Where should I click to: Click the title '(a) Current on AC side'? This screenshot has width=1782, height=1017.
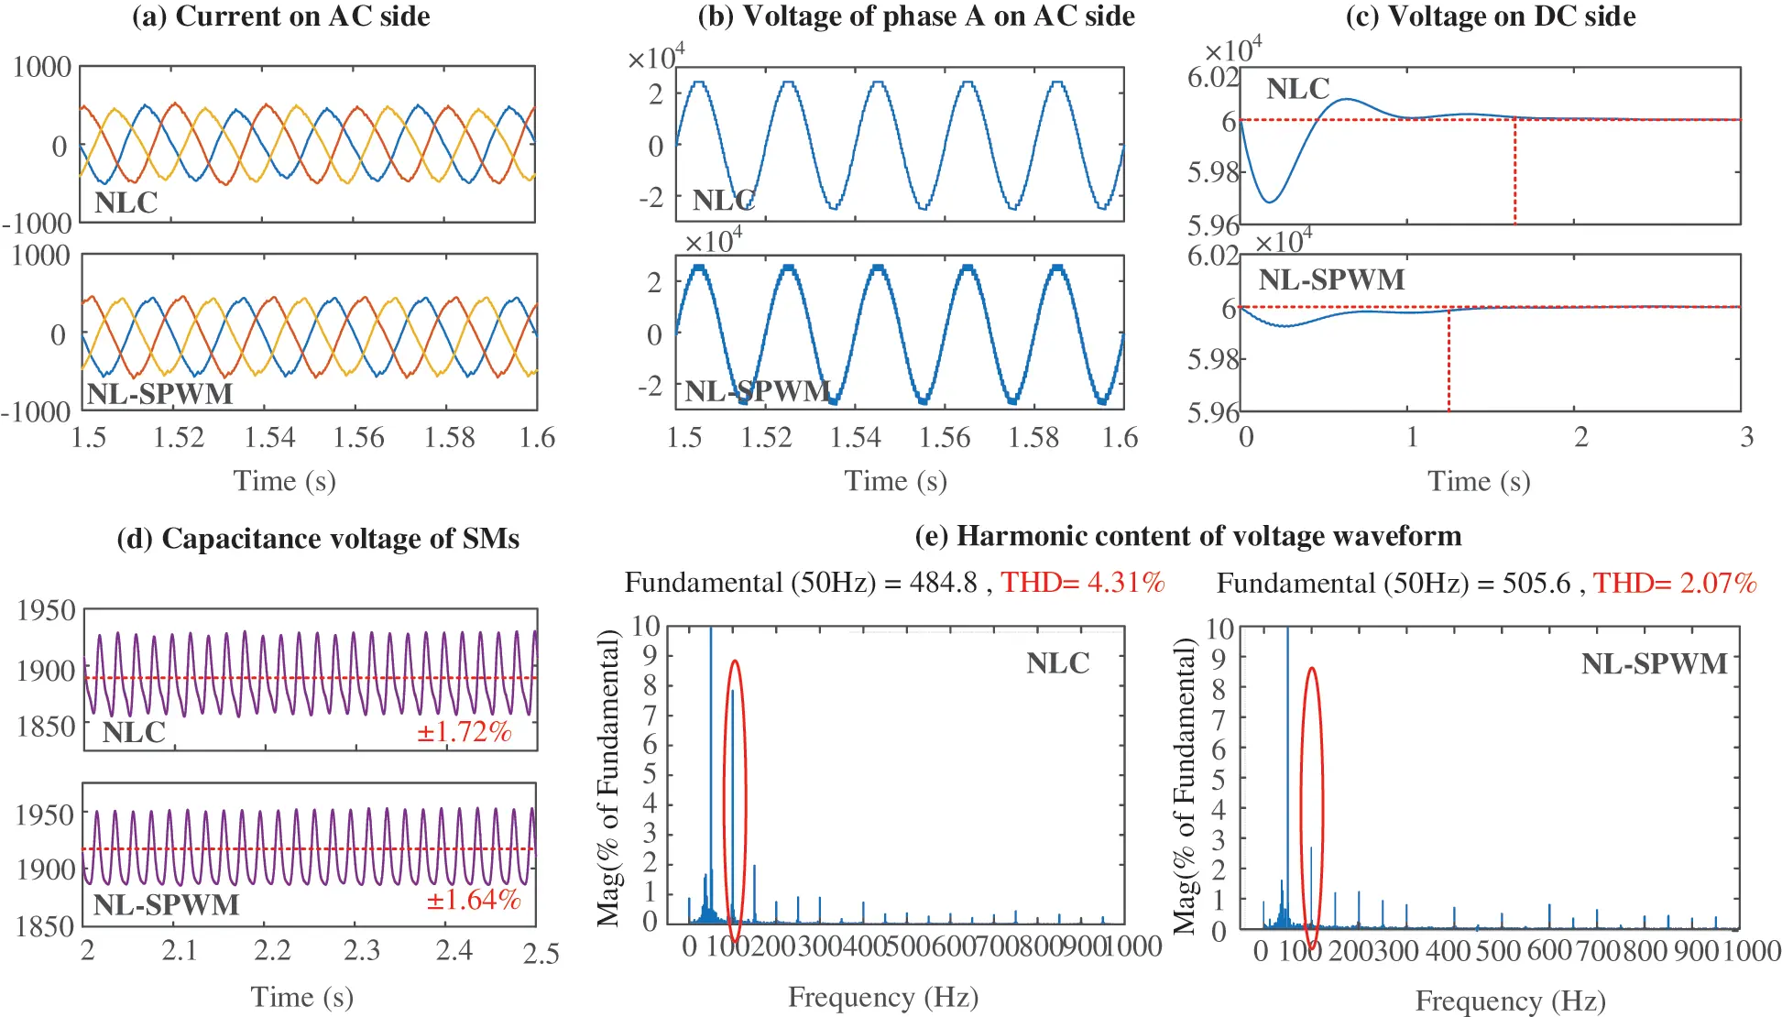click(x=281, y=16)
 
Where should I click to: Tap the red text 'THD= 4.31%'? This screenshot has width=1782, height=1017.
click(x=1082, y=583)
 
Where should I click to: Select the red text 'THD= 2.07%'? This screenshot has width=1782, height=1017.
click(x=1674, y=584)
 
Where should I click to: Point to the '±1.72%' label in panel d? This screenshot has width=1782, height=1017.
click(x=464, y=732)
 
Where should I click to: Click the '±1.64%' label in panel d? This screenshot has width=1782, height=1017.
click(x=473, y=900)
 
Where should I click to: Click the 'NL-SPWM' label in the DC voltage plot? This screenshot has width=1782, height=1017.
click(x=1330, y=279)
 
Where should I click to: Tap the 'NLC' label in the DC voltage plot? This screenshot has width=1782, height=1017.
click(x=1297, y=89)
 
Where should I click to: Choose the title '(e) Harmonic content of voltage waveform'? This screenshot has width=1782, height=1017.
click(x=1187, y=536)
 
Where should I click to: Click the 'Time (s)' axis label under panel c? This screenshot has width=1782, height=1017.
click(x=1478, y=481)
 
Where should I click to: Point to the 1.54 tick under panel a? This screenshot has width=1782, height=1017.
click(x=268, y=438)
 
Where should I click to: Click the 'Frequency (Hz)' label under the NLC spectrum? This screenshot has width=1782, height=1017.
click(x=882, y=997)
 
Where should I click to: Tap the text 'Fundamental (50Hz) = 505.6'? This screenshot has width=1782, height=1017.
click(x=1393, y=584)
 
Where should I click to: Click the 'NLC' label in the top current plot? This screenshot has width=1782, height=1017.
click(x=126, y=202)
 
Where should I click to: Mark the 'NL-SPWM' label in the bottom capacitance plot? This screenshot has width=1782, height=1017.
click(x=166, y=905)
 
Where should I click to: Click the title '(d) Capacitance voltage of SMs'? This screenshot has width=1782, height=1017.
click(x=317, y=539)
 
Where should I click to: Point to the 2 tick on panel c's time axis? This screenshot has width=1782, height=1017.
click(x=1580, y=437)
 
